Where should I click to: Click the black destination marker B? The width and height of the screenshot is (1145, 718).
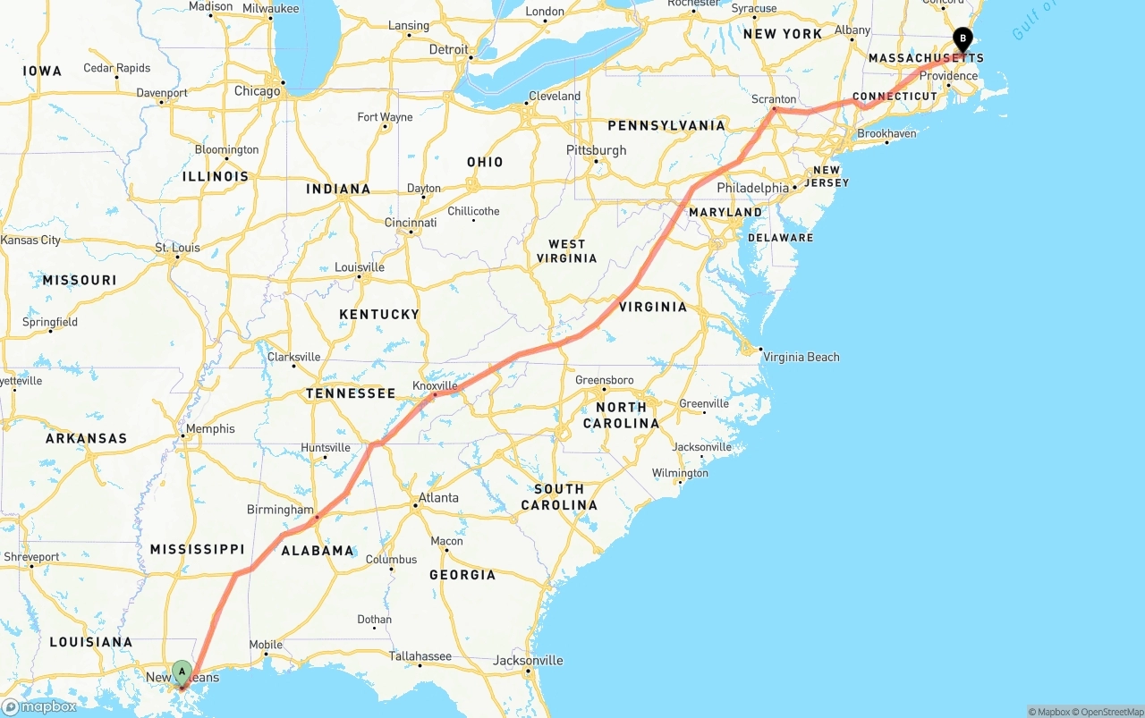[x=963, y=39]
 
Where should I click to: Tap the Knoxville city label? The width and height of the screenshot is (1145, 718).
[x=435, y=386]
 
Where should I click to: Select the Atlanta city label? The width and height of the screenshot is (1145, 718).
[x=438, y=498]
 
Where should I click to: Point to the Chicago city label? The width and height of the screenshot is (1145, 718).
[x=257, y=91]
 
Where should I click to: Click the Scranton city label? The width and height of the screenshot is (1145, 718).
[x=774, y=99]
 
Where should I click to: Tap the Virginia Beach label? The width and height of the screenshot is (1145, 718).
[x=801, y=357]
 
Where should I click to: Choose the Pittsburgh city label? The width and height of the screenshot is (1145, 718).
[x=596, y=150]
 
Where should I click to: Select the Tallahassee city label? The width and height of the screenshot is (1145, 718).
[x=420, y=656]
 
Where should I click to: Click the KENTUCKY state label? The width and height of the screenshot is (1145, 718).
[x=379, y=315]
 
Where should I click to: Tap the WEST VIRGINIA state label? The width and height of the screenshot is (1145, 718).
[x=566, y=251]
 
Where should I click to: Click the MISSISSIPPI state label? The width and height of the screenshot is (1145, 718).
[x=197, y=549]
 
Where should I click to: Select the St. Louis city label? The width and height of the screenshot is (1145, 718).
[x=177, y=248]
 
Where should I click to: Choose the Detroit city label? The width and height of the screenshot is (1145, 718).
[x=448, y=49]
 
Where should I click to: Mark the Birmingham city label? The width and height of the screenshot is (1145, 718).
[x=280, y=510]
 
